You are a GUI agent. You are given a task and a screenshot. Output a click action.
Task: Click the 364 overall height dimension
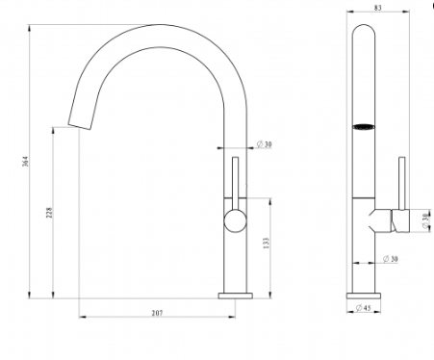coord(26,161)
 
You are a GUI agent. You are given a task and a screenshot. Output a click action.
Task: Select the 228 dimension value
coord(49,213)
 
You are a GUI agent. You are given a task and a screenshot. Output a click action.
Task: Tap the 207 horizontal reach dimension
coord(157,313)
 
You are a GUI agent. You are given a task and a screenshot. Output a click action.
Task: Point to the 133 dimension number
coord(267,244)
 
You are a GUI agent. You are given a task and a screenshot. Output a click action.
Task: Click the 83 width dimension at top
coord(378,8)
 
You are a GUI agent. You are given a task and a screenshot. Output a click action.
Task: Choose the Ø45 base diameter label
coord(364,308)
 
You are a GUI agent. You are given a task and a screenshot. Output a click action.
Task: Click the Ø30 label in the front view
coord(264,144)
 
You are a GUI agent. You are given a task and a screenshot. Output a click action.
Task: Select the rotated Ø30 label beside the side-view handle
coord(425,221)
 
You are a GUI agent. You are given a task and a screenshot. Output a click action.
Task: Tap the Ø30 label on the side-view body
coord(391,259)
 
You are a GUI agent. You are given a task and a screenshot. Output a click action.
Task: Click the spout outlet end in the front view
coord(79,126)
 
